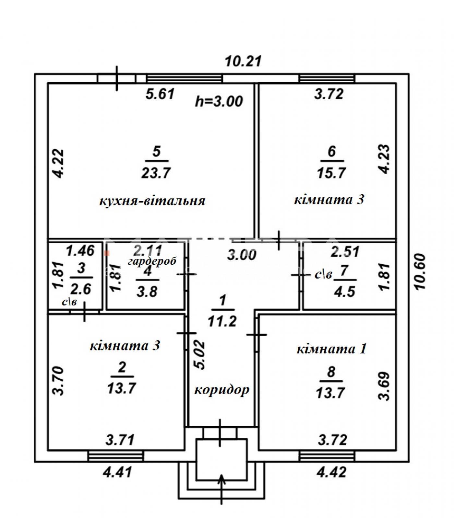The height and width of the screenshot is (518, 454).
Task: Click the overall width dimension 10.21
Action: pyautogui.click(x=243, y=61)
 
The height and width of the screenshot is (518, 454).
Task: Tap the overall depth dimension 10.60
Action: pyautogui.click(x=421, y=273)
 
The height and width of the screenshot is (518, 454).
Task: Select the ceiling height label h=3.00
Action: pyautogui.click(x=219, y=101)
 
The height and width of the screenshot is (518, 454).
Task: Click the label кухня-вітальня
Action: pyautogui.click(x=152, y=201)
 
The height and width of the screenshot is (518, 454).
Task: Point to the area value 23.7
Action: pyautogui.click(x=156, y=173)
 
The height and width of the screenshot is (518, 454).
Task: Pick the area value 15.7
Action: pyautogui.click(x=331, y=173)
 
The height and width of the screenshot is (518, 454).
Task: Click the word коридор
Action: pyautogui.click(x=222, y=389)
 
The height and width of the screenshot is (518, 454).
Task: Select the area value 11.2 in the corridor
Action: pyautogui.click(x=222, y=321)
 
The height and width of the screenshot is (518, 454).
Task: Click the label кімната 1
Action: pyautogui.click(x=331, y=349)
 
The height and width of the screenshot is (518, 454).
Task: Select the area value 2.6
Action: pyautogui.click(x=81, y=289)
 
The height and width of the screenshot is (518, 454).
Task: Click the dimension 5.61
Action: pyautogui.click(x=160, y=94)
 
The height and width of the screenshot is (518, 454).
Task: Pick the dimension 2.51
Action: pyautogui.click(x=345, y=252)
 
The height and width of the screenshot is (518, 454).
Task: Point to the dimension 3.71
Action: pyautogui.click(x=120, y=440)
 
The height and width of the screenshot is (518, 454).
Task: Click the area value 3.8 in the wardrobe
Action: pyautogui.click(x=147, y=292)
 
